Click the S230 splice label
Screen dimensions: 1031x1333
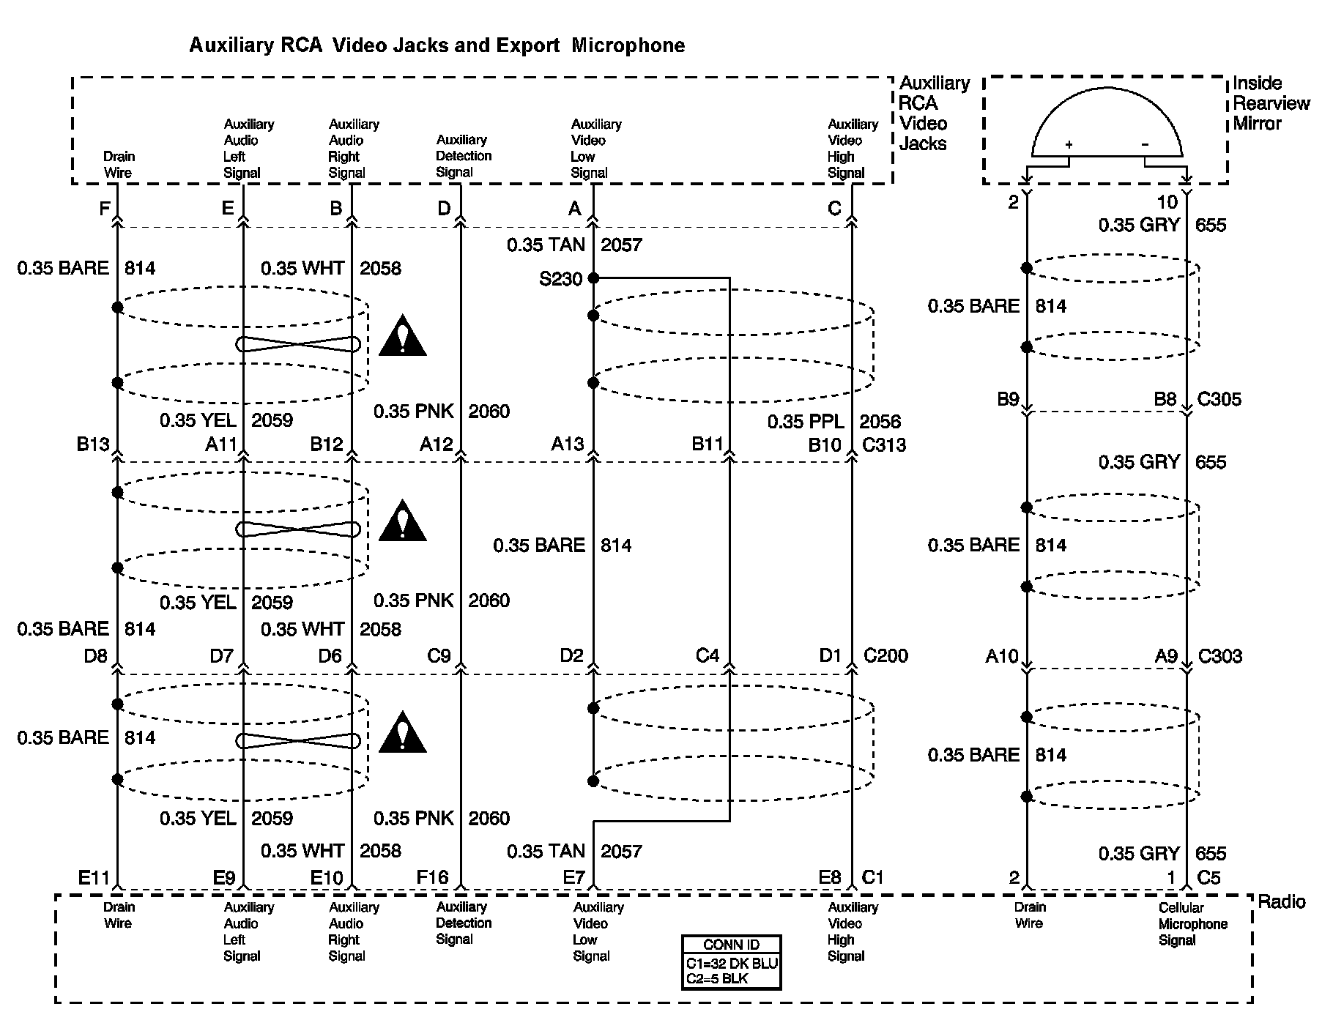[x=560, y=279]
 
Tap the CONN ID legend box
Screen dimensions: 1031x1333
[x=731, y=961]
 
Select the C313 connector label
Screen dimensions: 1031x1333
[x=884, y=444]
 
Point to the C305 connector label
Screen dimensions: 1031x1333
[x=1219, y=399]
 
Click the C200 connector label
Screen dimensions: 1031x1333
[x=885, y=655]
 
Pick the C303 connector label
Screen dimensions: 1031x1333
[x=1219, y=656]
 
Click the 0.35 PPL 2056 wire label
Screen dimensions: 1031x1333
[x=833, y=422]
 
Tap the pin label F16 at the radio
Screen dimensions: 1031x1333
[x=431, y=877]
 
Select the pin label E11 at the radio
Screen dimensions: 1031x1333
[x=94, y=877]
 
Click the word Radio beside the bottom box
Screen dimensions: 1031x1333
[x=1281, y=901]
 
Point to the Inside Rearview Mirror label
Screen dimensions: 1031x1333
[x=1270, y=103]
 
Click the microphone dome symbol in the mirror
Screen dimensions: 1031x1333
[x=1106, y=124]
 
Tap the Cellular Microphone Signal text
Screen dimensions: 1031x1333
[x=1192, y=923]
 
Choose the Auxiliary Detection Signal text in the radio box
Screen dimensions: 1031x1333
[x=464, y=923]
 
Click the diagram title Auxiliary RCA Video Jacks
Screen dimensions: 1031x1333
[x=437, y=45]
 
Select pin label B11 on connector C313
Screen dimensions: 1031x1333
[x=708, y=444]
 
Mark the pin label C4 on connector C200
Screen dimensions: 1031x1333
[x=708, y=655]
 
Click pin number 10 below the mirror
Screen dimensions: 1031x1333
[x=1167, y=202]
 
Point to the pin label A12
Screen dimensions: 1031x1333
[x=436, y=444]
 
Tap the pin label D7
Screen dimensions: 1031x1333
[x=221, y=655]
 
